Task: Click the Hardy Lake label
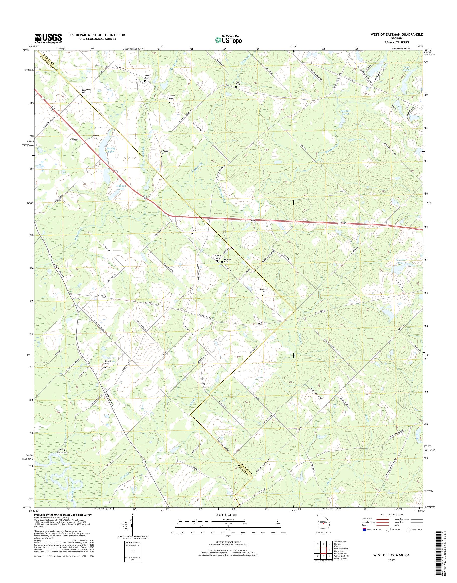pos(111,150)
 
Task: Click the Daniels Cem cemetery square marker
pos(192,233)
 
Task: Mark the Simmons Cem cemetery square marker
pos(262,295)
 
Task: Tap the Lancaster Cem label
pos(86,91)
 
